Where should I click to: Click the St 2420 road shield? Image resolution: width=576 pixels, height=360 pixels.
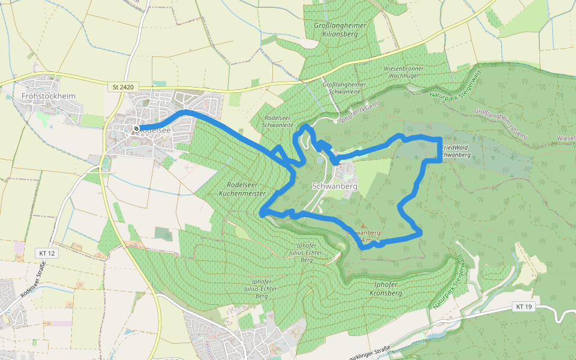(x=122, y=87)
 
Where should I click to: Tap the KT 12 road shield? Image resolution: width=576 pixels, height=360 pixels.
(x=46, y=254)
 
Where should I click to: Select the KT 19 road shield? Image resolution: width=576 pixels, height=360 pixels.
(x=524, y=307)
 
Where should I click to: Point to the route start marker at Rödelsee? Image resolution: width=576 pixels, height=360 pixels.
(x=137, y=128)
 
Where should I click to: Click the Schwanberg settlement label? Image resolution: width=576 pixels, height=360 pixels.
(x=335, y=187)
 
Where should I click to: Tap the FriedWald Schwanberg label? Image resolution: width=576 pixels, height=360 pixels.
(x=455, y=150)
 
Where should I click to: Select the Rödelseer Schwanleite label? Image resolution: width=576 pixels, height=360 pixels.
(x=278, y=121)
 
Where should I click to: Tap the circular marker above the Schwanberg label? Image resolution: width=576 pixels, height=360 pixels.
(x=320, y=160)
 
